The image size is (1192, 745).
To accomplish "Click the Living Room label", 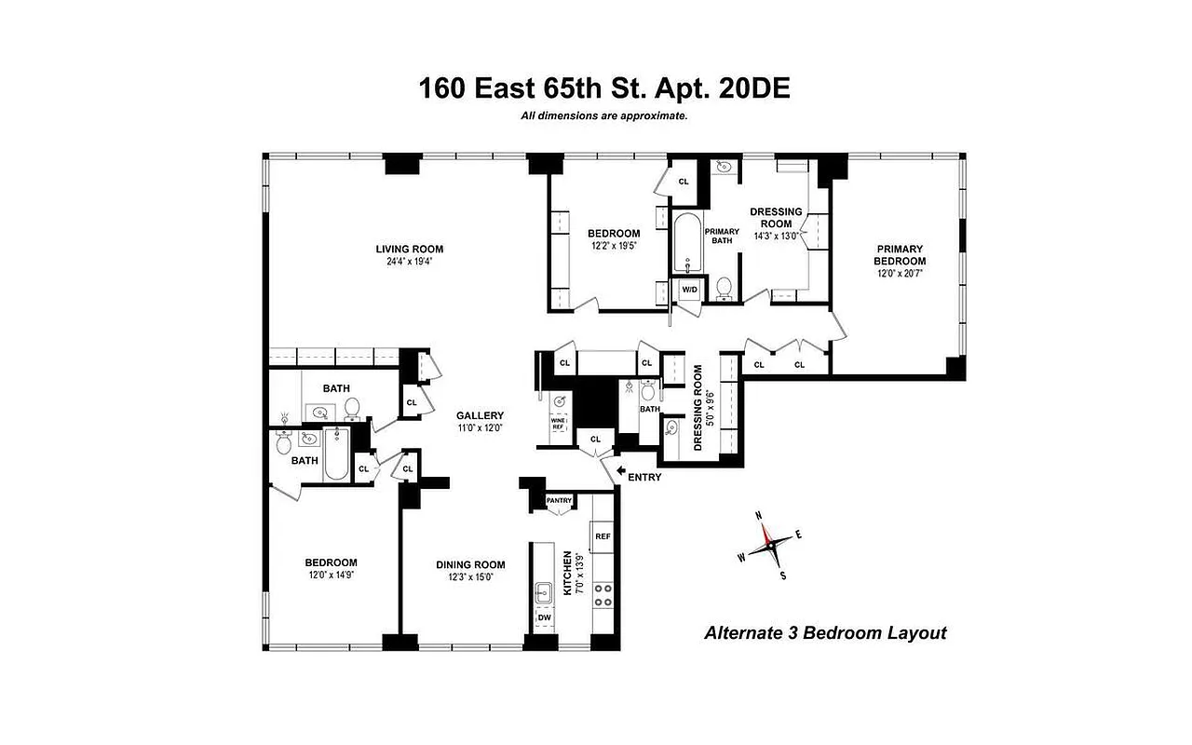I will pyautogui.click(x=409, y=249).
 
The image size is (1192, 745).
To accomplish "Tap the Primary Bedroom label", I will pyautogui.click(x=899, y=255).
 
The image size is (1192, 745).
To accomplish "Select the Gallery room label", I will pyautogui.click(x=480, y=415).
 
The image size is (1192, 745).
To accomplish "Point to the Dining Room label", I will pyautogui.click(x=470, y=564).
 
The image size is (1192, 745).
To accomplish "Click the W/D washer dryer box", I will pyautogui.click(x=689, y=290).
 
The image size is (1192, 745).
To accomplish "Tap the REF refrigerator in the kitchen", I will pyautogui.click(x=603, y=536).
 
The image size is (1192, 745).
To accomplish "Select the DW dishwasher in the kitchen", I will pyautogui.click(x=543, y=617).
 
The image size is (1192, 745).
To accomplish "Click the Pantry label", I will pyautogui.click(x=559, y=500).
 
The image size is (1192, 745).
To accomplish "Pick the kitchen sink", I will pyautogui.click(x=544, y=589).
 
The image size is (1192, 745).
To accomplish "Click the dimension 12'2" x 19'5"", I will pyautogui.click(x=614, y=247).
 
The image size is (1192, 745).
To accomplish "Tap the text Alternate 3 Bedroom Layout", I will pyautogui.click(x=824, y=633).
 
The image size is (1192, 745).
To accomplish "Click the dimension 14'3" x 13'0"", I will pyautogui.click(x=776, y=237).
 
